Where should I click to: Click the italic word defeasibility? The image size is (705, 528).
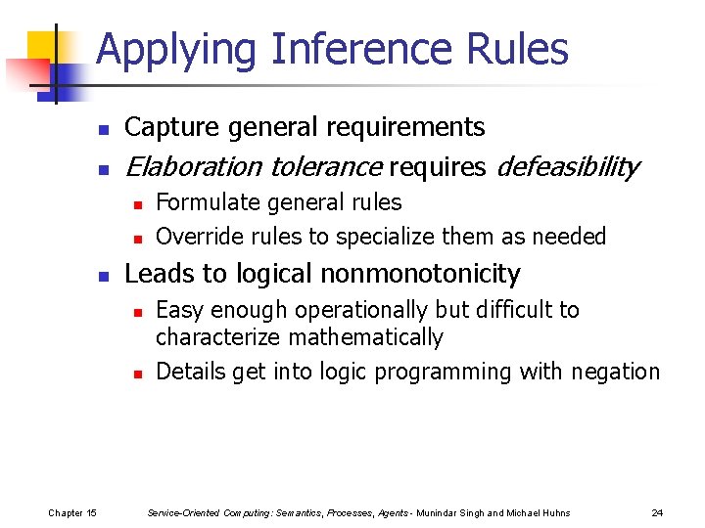click(x=568, y=167)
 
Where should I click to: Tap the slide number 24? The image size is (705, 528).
click(x=657, y=513)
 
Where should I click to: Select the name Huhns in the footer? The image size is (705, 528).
click(x=554, y=513)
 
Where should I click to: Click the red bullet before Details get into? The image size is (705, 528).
click(x=139, y=374)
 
